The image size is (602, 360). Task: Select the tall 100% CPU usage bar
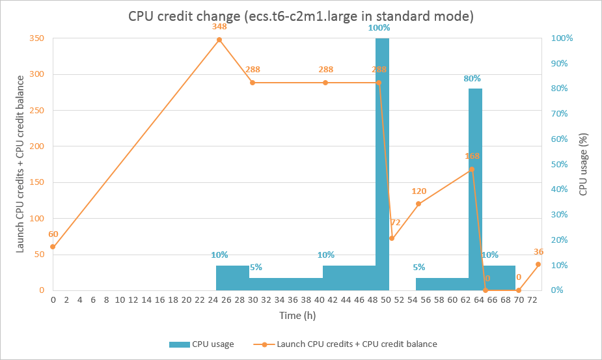[x=383, y=163]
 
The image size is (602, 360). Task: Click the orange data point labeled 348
[x=219, y=40]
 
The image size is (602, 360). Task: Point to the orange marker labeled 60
[x=53, y=247]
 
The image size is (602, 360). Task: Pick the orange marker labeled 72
[x=392, y=238]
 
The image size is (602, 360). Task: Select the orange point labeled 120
[x=418, y=204]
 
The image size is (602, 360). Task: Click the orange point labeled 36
[x=538, y=264]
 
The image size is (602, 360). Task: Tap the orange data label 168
[x=472, y=156]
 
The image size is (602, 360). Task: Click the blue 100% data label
[x=379, y=27]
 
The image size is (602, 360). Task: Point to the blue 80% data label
[x=472, y=78]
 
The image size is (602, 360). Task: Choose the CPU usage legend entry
[x=201, y=344]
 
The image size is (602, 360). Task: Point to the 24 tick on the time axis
[x=213, y=300]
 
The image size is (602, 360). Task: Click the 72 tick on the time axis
[x=532, y=300]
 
